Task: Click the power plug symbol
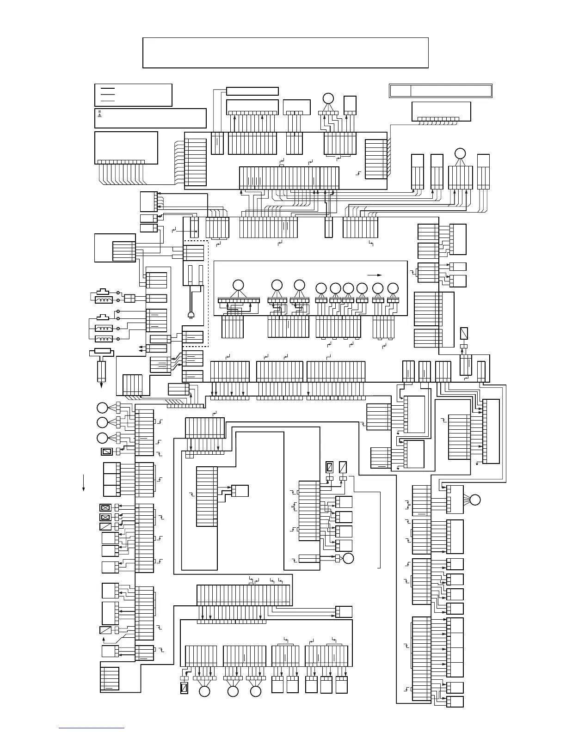click(191, 315)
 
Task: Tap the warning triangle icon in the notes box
click(99, 116)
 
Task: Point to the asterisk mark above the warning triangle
click(99, 112)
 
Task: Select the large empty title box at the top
click(285, 53)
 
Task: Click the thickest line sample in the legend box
click(107, 88)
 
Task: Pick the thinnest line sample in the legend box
click(107, 100)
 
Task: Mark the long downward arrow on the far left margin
click(84, 482)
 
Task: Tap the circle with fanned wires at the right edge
click(475, 500)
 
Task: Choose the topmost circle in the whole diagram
click(328, 98)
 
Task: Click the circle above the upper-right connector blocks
click(460, 154)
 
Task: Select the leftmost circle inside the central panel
click(238, 286)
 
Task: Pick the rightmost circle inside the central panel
click(393, 288)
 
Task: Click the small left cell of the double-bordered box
click(400, 91)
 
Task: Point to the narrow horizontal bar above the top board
click(252, 91)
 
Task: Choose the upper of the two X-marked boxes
click(105, 507)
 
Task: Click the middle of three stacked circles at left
click(102, 422)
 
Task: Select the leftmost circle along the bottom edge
click(204, 691)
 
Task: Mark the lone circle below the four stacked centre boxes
click(349, 558)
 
